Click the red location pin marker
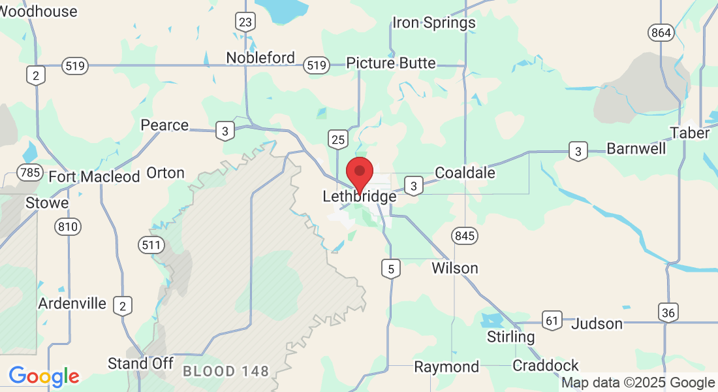(x=359, y=172)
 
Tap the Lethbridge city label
(x=359, y=197)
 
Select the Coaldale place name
(x=465, y=173)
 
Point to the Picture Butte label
(x=390, y=63)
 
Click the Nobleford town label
(x=260, y=58)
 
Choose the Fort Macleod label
(x=94, y=176)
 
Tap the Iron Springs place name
(x=433, y=24)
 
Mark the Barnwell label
(x=636, y=149)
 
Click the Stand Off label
(x=140, y=363)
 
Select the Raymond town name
(x=446, y=367)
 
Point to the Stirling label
(x=510, y=337)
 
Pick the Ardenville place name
(x=72, y=304)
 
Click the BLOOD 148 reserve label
(x=226, y=372)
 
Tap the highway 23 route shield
(x=245, y=23)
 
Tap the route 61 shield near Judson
(x=552, y=320)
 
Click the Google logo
(x=44, y=376)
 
